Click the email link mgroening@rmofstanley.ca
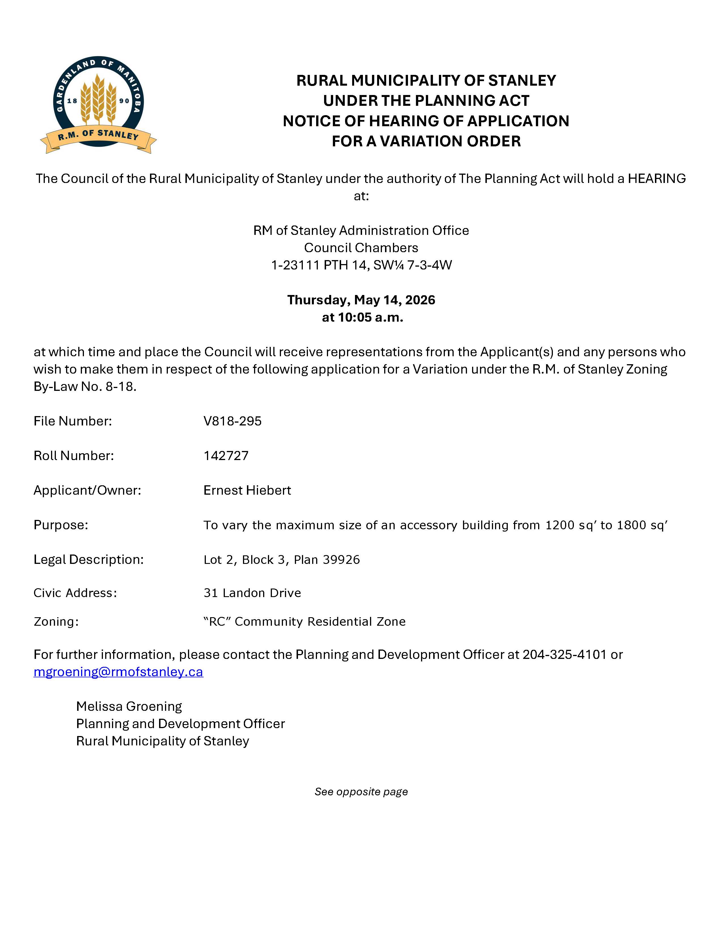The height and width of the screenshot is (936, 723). pos(118,672)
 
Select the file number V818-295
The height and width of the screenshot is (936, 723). pos(232,421)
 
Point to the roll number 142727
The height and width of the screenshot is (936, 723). pos(226,455)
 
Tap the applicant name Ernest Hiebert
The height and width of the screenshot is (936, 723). pos(247,490)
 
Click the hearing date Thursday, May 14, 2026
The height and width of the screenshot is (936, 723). pos(361,300)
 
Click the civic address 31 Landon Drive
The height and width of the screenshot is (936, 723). pos(252,593)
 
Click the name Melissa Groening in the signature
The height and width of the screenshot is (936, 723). pos(129,706)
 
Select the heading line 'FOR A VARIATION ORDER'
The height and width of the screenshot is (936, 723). pos(426,141)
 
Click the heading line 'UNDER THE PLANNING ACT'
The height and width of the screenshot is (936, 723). pos(426,101)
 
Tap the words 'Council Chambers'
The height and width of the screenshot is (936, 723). pos(361,248)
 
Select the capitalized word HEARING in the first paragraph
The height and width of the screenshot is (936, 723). pos(657,178)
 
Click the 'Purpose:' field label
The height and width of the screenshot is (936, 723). pos(61,525)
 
